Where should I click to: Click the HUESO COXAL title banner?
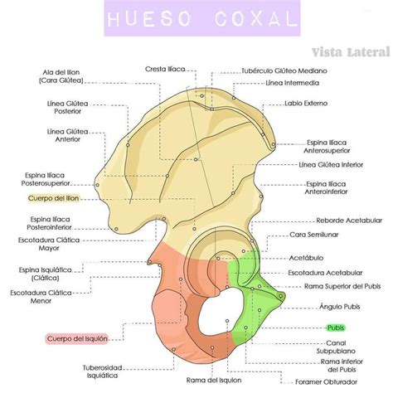click(x=202, y=18)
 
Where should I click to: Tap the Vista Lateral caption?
click(x=351, y=52)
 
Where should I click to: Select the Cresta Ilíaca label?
click(x=165, y=69)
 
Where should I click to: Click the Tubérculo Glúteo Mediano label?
click(x=284, y=71)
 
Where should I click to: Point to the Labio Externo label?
click(x=306, y=104)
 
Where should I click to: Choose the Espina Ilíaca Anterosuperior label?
click(x=327, y=147)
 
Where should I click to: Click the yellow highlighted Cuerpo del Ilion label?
click(x=54, y=198)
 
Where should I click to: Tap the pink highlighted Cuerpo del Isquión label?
click(x=77, y=338)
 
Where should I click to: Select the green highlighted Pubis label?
click(x=336, y=327)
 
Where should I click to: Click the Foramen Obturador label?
click(x=326, y=382)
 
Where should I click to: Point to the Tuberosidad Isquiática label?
click(x=102, y=371)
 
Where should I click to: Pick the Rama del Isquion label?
click(x=214, y=381)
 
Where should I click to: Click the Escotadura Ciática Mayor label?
click(x=49, y=244)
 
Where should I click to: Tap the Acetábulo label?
click(x=306, y=258)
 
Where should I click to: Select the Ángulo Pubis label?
click(x=340, y=307)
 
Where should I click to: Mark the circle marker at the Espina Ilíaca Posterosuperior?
click(x=97, y=185)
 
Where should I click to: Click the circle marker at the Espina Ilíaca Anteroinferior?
click(x=261, y=196)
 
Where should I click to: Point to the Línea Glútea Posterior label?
click(x=68, y=108)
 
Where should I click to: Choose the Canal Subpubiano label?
click(x=336, y=347)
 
